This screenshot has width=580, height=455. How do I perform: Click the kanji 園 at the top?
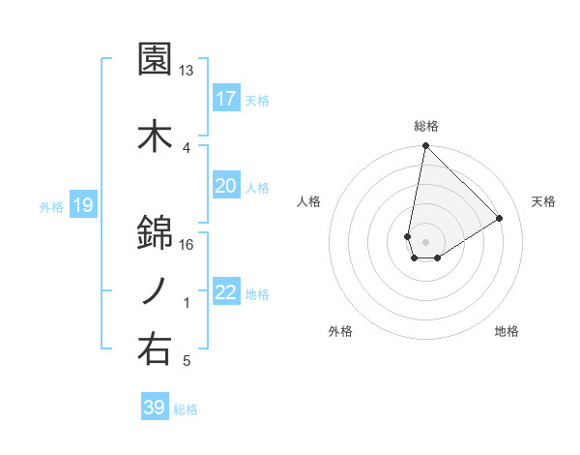point(156,60)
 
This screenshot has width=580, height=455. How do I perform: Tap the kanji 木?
point(156,136)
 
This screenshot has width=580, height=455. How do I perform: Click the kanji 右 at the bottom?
point(156,349)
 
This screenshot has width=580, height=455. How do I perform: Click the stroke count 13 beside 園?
point(187,71)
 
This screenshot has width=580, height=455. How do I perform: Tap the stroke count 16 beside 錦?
point(187,244)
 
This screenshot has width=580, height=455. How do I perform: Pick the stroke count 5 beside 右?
point(187,362)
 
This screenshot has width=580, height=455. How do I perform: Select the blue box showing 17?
point(225,99)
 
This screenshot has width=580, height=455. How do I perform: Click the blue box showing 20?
point(225,186)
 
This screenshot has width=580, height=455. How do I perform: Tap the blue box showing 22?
point(225,292)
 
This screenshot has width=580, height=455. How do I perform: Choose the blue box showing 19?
point(83,205)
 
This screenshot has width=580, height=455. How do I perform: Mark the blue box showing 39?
point(155,408)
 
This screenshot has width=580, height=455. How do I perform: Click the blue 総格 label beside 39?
point(187,409)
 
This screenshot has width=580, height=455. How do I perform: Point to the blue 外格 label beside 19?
point(51,206)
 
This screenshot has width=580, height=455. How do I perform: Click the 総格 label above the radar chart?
point(426,126)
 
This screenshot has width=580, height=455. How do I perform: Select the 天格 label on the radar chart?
point(543,201)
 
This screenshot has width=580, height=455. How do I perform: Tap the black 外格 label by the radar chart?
point(340,331)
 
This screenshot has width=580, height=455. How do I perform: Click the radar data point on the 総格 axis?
point(425,146)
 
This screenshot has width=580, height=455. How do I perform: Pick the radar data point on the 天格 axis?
point(500,218)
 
